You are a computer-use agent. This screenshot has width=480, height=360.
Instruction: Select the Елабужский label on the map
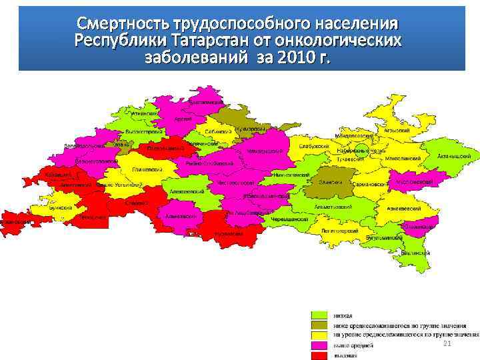pos(313,145)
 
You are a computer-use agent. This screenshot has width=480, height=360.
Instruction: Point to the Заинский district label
pos(330,181)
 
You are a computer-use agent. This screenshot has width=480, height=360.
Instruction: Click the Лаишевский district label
pos(148,169)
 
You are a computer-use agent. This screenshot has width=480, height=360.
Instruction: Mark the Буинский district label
pos(59,207)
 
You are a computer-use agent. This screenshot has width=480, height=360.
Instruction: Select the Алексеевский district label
pos(181,191)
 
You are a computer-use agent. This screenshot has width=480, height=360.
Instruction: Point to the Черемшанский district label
pos(290,219)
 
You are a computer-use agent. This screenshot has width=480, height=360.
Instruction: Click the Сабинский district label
pos(217,131)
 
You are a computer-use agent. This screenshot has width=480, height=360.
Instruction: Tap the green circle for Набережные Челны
pos(361,151)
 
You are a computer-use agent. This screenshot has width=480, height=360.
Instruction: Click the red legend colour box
pos(321,355)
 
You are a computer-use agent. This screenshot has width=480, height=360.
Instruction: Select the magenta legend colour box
pos(321,345)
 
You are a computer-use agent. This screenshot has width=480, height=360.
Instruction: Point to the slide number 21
pos(447,343)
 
